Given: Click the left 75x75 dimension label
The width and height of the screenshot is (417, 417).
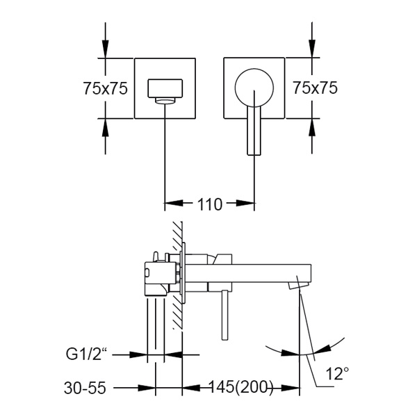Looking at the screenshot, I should click(x=104, y=88).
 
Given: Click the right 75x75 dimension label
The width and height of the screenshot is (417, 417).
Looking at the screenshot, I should click(x=315, y=88).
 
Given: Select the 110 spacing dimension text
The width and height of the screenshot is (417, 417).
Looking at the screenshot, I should click(x=209, y=204).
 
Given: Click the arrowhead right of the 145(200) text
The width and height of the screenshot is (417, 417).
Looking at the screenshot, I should click(x=292, y=388).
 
